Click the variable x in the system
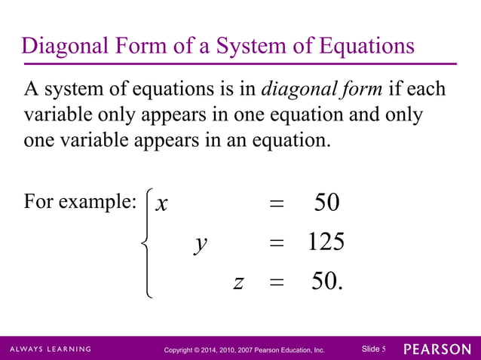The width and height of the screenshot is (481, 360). (x=161, y=203)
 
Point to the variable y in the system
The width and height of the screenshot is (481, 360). (x=200, y=243)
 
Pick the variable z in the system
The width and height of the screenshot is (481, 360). (x=238, y=282)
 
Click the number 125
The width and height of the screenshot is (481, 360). (x=326, y=243)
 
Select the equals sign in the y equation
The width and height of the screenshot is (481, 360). (x=277, y=243)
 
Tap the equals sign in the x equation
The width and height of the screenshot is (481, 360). (x=277, y=204)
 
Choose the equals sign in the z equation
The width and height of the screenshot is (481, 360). (x=277, y=283)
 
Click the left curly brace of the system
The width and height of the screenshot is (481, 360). (x=147, y=243)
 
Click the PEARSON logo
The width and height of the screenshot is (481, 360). (x=437, y=349)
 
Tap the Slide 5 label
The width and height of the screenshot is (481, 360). (x=374, y=349)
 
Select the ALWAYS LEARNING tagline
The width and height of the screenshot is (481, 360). (x=51, y=349)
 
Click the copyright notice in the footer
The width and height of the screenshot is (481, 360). (x=244, y=350)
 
